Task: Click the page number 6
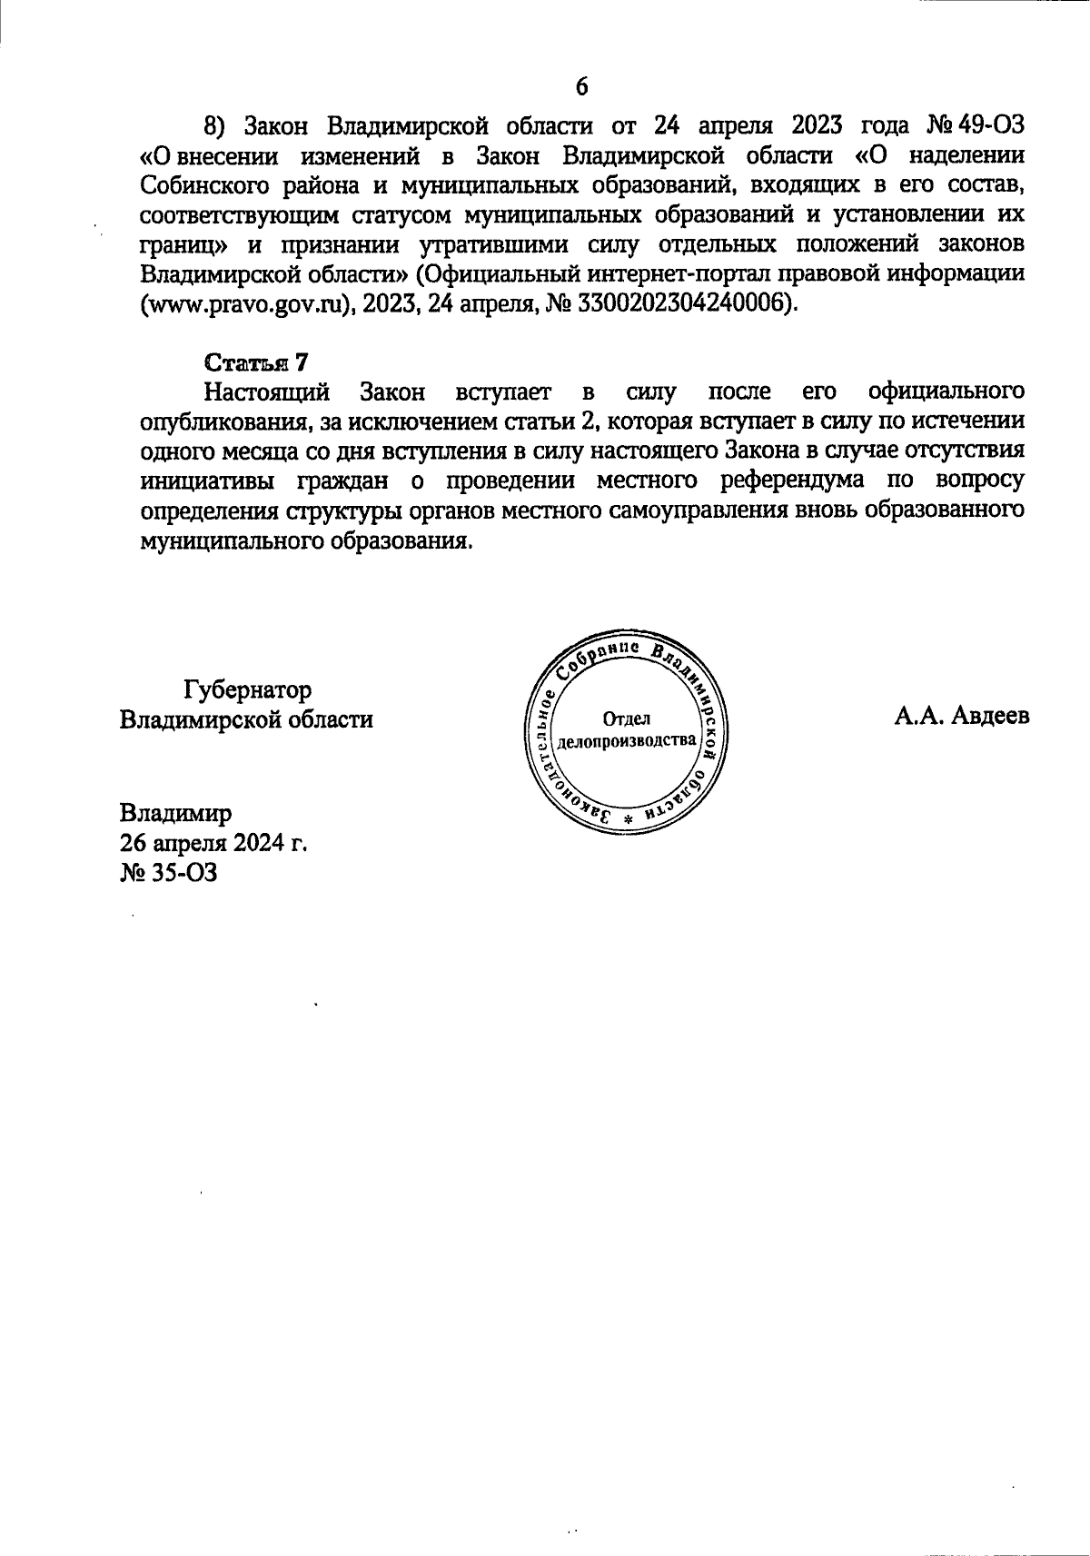click(582, 86)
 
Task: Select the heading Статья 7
click(257, 362)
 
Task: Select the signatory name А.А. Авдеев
click(962, 717)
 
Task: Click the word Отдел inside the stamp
click(627, 719)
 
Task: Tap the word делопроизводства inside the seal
click(627, 740)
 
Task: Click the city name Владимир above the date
click(175, 812)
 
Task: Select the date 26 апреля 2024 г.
click(213, 843)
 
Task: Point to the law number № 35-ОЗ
click(169, 874)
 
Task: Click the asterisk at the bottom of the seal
click(627, 818)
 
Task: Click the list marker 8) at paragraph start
click(213, 124)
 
